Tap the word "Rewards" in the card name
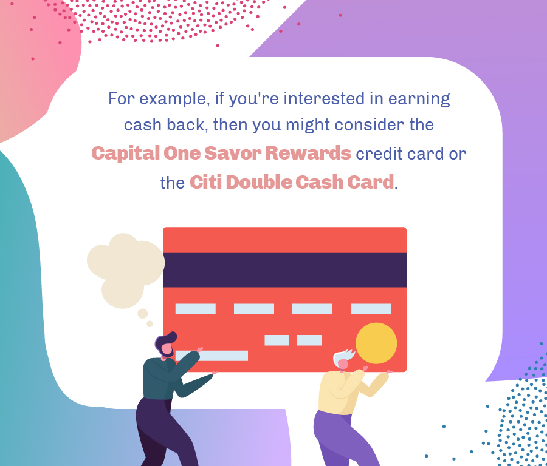pos(308,153)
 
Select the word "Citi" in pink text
pos(206,182)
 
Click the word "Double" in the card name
pos(259,182)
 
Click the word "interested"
pos(324,98)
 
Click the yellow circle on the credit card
pos(376,343)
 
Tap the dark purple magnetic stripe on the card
pos(284,270)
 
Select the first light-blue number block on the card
pos(195,309)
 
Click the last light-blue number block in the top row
pos(371,309)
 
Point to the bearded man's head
pos(165,344)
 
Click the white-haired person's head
pos(343,359)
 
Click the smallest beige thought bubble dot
pos(150,324)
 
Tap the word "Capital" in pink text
pos(125,154)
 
